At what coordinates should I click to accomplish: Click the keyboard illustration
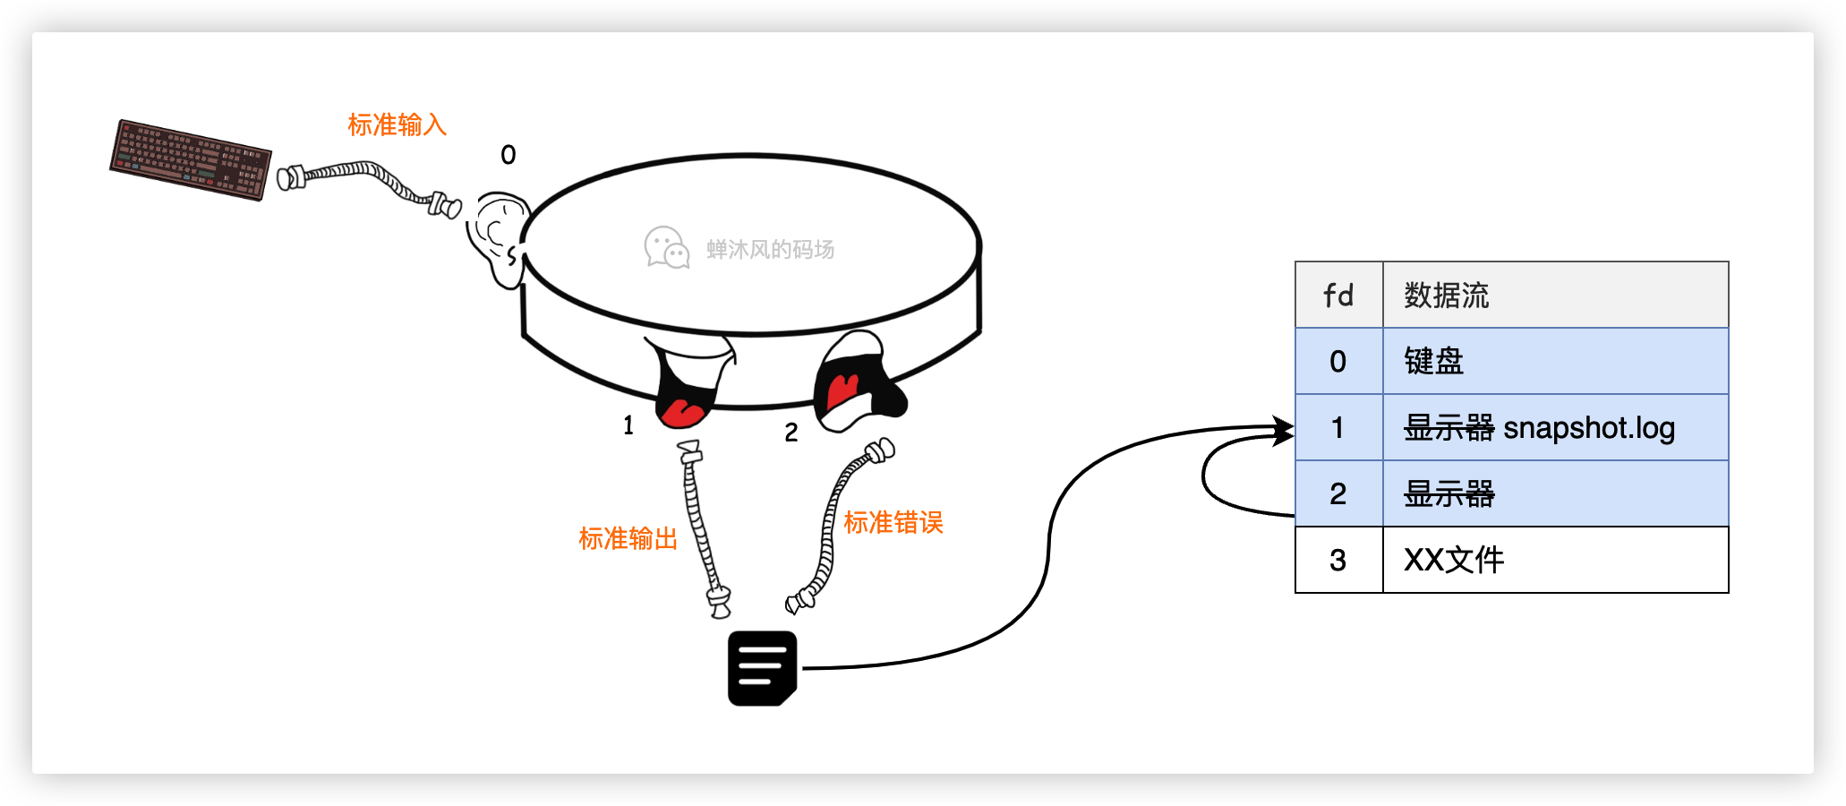pyautogui.click(x=190, y=159)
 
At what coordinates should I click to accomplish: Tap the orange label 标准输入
pyautogui.click(x=397, y=124)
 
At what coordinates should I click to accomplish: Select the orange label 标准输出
pyautogui.click(x=628, y=538)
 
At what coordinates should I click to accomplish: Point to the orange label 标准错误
pyautogui.click(x=893, y=522)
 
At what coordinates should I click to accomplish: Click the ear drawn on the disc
pyautogui.click(x=496, y=237)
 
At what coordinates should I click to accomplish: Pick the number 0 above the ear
pyautogui.click(x=508, y=155)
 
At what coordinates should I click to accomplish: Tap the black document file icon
pyautogui.click(x=762, y=668)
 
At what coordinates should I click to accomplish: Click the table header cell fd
pyautogui.click(x=1338, y=295)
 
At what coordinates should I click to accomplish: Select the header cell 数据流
pyautogui.click(x=1446, y=295)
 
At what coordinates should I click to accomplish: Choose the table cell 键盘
pyautogui.click(x=1433, y=361)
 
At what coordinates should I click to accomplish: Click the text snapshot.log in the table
pyautogui.click(x=1589, y=428)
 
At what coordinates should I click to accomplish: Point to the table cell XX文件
pyautogui.click(x=1454, y=560)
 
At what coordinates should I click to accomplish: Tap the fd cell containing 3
pyautogui.click(x=1337, y=560)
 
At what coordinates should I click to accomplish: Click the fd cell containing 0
pyautogui.click(x=1337, y=361)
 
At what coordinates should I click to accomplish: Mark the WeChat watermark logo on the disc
pyautogui.click(x=666, y=248)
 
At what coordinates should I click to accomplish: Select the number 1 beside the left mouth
pyautogui.click(x=628, y=425)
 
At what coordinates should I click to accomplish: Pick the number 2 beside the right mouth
pyautogui.click(x=791, y=433)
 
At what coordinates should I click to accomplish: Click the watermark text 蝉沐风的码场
pyautogui.click(x=770, y=249)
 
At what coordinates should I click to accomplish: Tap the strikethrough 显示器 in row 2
pyautogui.click(x=1449, y=493)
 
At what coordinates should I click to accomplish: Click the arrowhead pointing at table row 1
pyautogui.click(x=1284, y=431)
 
